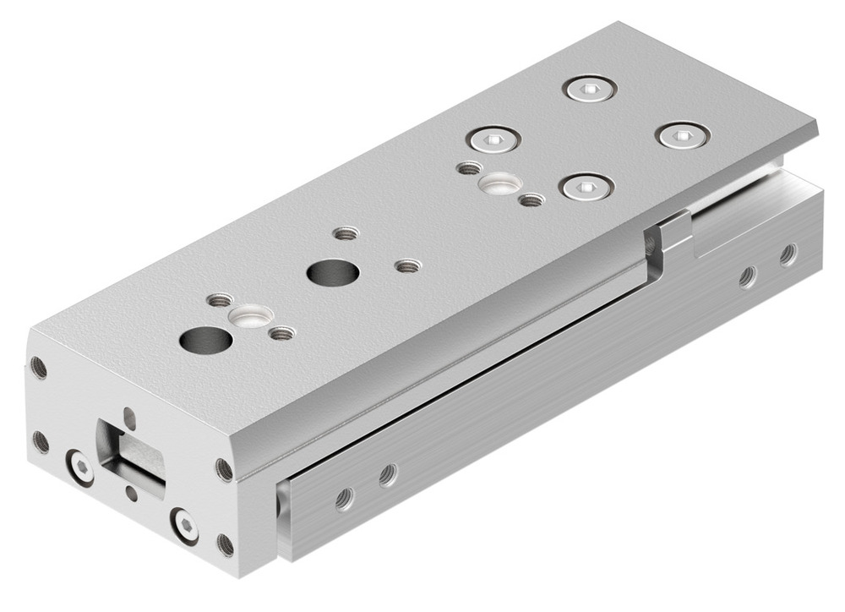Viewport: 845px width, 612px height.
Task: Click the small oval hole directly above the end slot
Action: point(128,414)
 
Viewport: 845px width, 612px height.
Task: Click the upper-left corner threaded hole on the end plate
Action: point(38,366)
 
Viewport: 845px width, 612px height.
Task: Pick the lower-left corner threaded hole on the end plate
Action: point(39,440)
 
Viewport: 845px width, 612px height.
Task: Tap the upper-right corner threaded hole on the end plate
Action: point(224,470)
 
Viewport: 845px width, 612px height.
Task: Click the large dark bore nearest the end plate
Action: point(205,341)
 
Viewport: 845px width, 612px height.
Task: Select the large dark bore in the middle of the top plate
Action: point(332,273)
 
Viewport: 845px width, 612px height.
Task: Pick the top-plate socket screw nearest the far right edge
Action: point(684,135)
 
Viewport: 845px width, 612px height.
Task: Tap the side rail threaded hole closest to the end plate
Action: point(344,500)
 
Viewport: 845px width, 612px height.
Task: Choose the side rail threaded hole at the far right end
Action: point(788,254)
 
